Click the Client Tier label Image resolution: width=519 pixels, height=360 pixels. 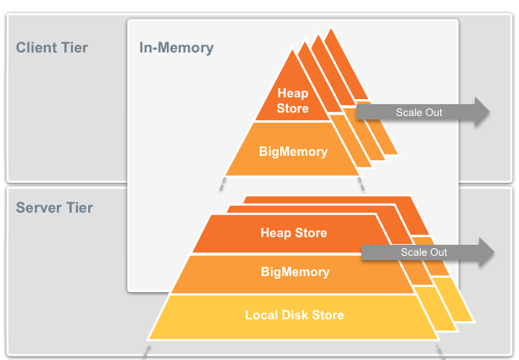pyautogui.click(x=51, y=47)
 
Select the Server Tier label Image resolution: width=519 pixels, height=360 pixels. pyautogui.click(x=54, y=208)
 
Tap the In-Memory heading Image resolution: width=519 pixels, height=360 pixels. pyautogui.click(x=176, y=47)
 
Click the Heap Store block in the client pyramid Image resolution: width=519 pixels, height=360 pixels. pyautogui.click(x=293, y=101)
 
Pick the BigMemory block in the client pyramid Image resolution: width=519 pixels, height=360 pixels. pyautogui.click(x=293, y=152)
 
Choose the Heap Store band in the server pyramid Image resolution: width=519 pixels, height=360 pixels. pyautogui.click(x=293, y=233)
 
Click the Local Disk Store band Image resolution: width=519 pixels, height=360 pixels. pyautogui.click(x=295, y=315)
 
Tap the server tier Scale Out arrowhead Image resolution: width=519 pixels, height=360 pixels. pyautogui.click(x=484, y=252)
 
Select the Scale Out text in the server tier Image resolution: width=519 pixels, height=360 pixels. pyautogui.click(x=423, y=252)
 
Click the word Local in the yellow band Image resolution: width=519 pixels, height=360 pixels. pyautogui.click(x=262, y=315)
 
